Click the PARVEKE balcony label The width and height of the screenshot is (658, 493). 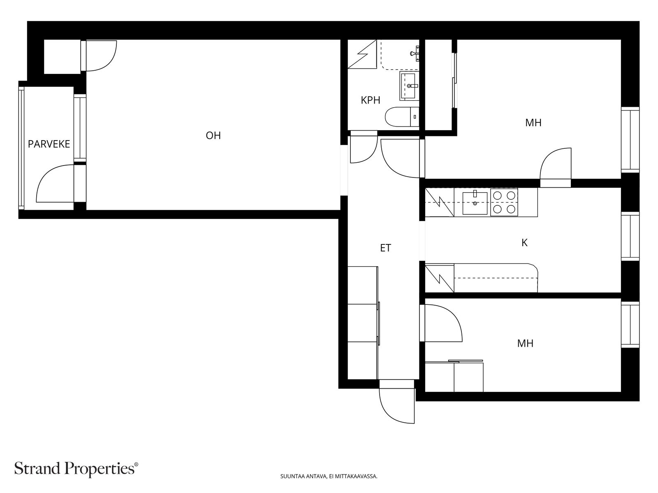49,144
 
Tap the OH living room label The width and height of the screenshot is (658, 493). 213,136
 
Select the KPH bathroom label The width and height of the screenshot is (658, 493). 371,100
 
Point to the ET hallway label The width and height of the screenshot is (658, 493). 385,248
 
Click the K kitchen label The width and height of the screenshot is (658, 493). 524,243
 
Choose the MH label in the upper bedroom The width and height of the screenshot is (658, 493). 533,122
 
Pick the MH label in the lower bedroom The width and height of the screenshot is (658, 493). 525,343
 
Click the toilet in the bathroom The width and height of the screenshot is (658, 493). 402,117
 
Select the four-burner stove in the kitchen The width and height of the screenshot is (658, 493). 504,202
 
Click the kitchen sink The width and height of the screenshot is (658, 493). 475,203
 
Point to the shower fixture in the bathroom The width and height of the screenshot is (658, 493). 415,53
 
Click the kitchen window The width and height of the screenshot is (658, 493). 630,237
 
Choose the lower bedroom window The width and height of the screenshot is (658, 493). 630,325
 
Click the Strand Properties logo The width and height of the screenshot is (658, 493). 76,468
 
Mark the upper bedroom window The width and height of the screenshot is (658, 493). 630,140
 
